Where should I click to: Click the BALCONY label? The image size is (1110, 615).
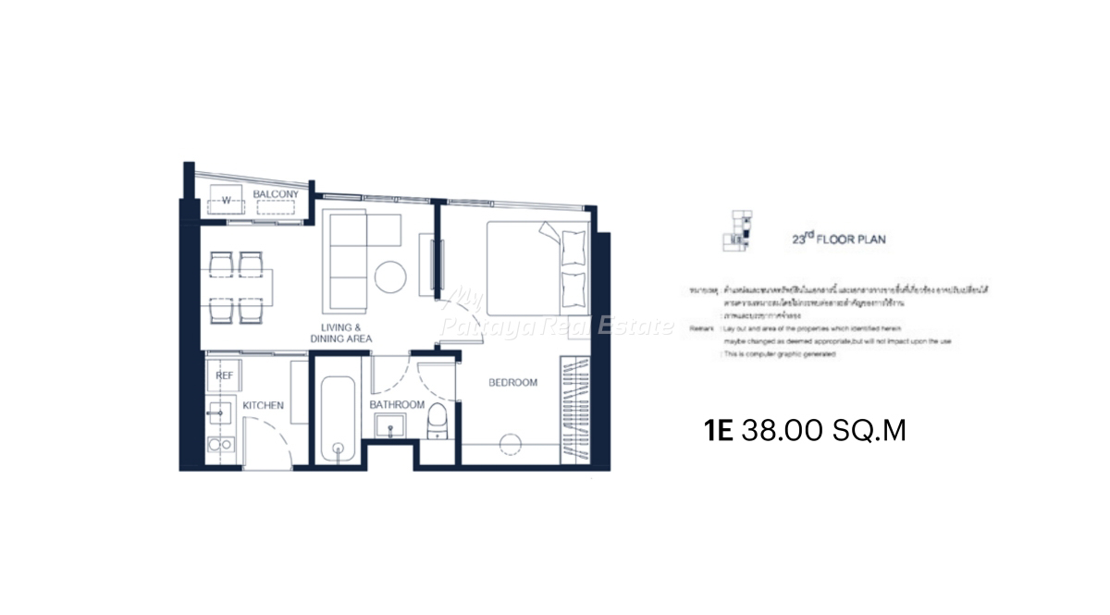pos(276,194)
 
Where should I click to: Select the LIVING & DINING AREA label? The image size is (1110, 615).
pos(341,334)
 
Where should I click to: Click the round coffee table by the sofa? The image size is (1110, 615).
pos(390,277)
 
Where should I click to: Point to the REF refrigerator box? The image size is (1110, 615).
pos(224,376)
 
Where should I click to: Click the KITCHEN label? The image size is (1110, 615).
pos(263,406)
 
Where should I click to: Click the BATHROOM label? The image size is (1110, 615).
pos(397,405)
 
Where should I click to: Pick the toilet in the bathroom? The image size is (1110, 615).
pos(438,420)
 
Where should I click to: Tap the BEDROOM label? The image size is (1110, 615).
pos(512,383)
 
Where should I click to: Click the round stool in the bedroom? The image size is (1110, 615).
pos(511,445)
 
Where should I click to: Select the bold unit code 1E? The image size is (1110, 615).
pos(719,431)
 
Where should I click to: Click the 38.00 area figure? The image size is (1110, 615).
pos(778,431)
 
